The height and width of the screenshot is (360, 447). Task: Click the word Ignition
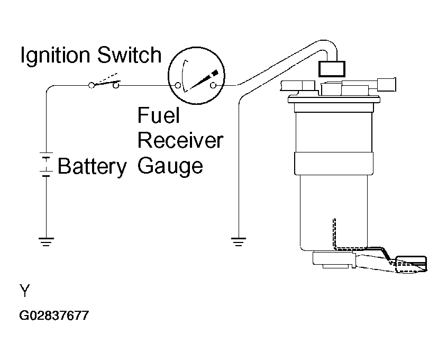click(55, 56)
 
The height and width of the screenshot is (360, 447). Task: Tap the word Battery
click(92, 167)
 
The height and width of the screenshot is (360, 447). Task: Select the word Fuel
click(159, 115)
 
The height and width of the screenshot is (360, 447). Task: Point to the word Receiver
click(180, 140)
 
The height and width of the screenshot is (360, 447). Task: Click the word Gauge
click(170, 166)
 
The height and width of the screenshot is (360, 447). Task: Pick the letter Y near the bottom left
click(25, 291)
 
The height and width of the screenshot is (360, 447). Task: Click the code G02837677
click(54, 316)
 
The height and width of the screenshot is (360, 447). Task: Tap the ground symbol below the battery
click(46, 241)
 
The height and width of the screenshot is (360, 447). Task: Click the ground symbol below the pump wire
click(239, 241)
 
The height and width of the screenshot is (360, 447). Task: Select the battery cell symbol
click(46, 164)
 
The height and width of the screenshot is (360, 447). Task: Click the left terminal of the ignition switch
click(91, 85)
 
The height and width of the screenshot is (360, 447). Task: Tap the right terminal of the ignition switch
click(116, 85)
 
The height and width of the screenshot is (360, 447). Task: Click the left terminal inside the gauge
click(178, 85)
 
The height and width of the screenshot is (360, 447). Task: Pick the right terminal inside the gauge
click(213, 85)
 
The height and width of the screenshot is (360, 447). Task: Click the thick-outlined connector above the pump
click(332, 69)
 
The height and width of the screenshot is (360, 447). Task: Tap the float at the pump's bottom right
click(411, 264)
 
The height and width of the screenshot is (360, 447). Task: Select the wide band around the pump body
click(334, 163)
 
